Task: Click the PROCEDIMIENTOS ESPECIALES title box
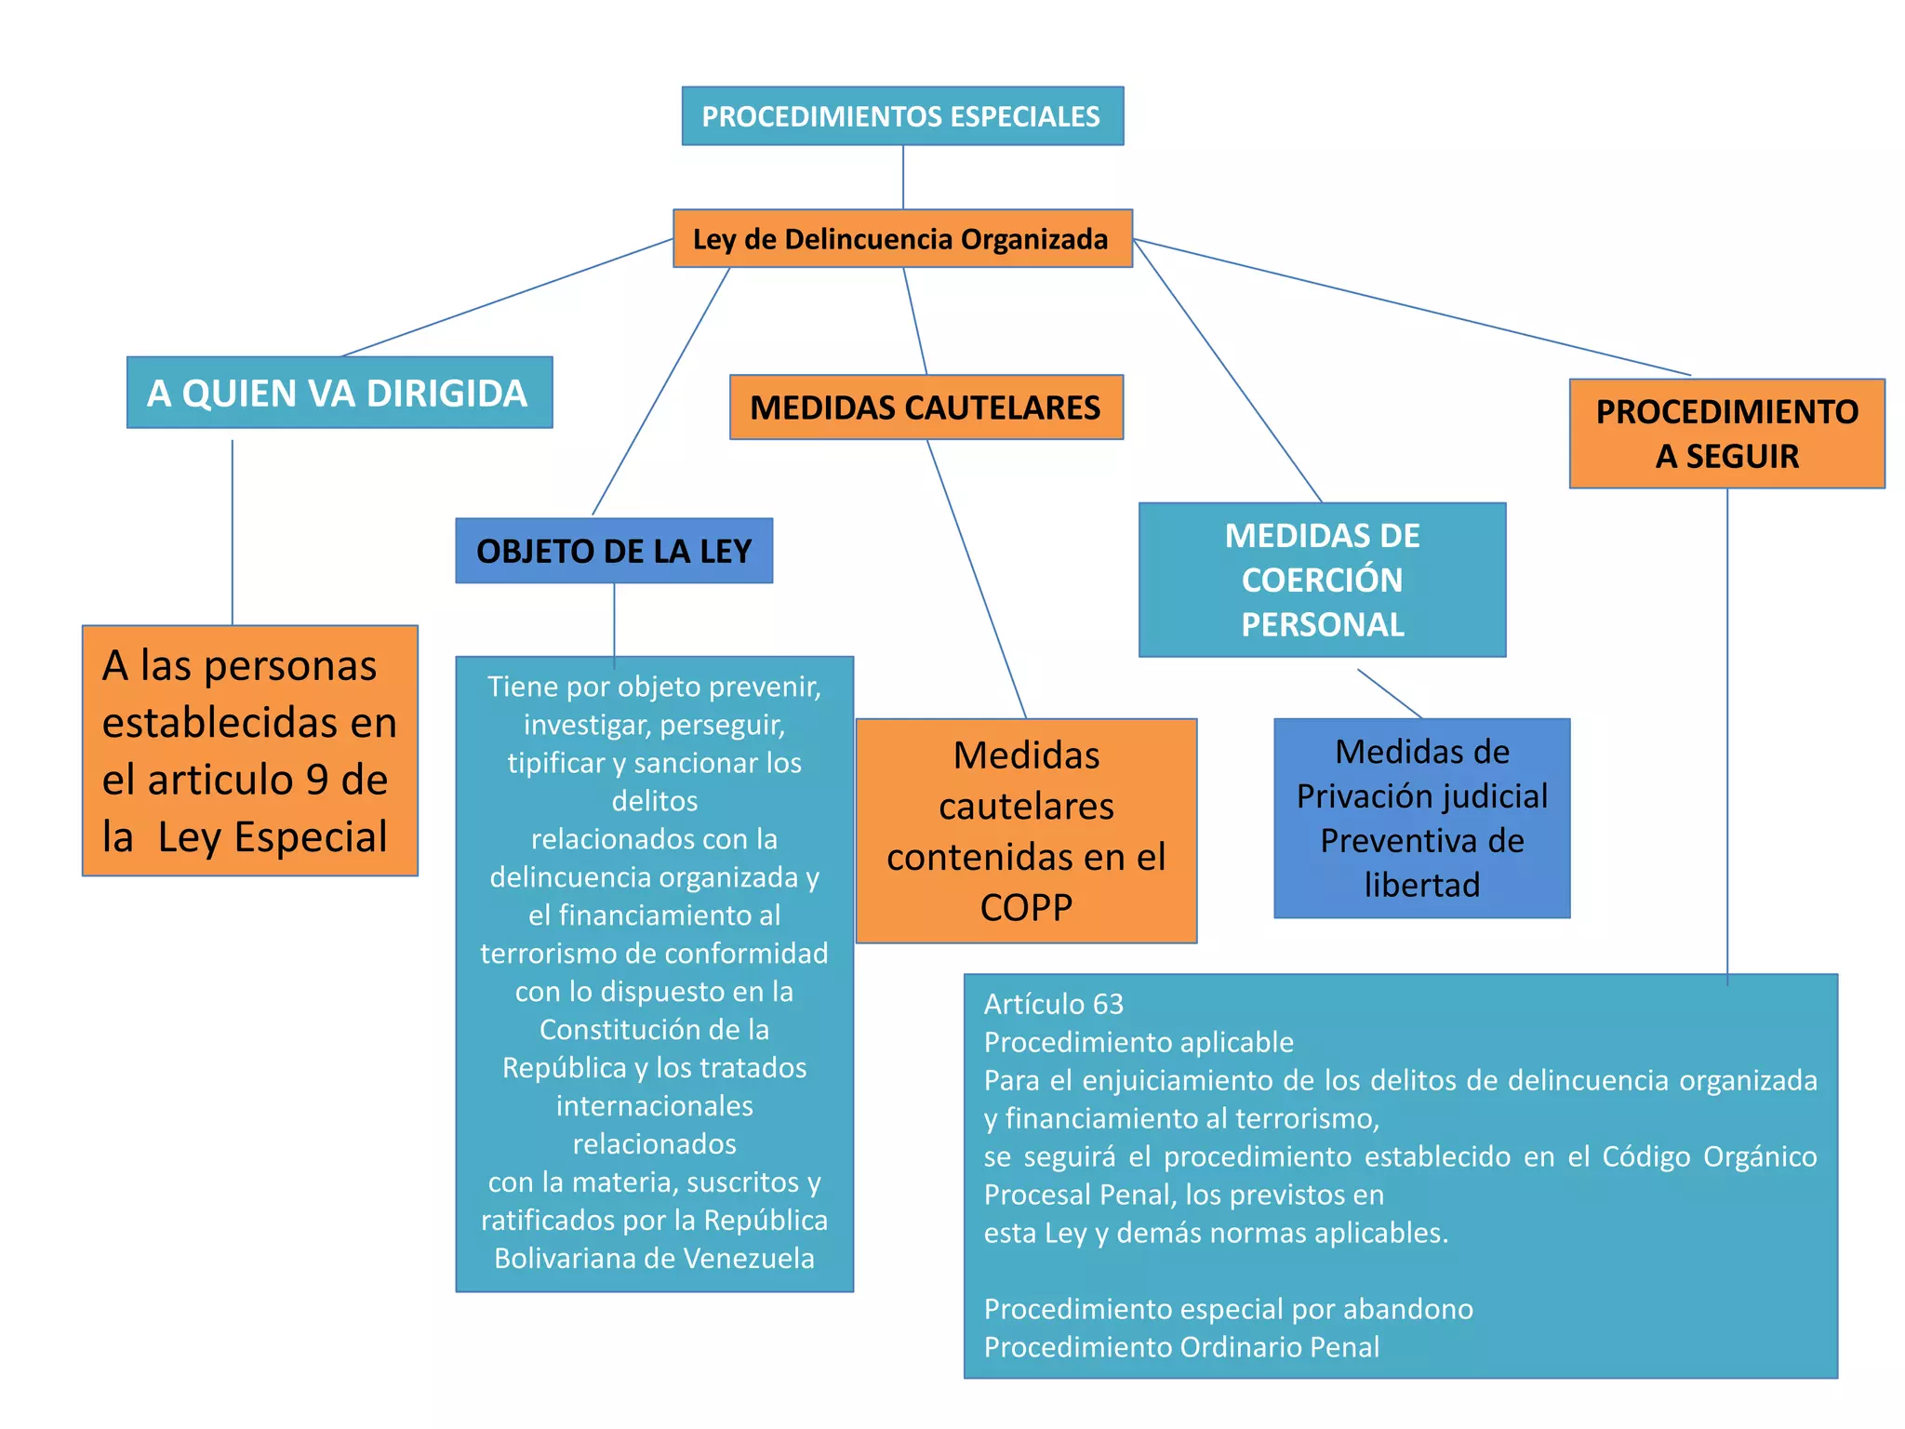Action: pos(901,116)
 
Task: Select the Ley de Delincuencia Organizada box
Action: pos(901,239)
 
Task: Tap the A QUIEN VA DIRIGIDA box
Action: pos(339,393)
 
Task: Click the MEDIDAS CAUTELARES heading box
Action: pos(926,407)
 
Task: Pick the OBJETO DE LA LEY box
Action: pos(614,551)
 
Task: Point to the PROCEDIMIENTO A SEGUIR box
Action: pos(1726,434)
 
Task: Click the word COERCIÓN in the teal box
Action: pos(1322,581)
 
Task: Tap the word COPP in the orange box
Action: pos(1026,907)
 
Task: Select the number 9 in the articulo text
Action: pos(316,780)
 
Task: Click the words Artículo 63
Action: pos(1054,1005)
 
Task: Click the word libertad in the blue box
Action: pos(1421,885)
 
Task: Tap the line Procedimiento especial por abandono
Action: pos(1228,1309)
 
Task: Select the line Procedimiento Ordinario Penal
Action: pos(1181,1347)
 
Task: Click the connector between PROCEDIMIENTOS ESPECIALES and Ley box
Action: pos(902,177)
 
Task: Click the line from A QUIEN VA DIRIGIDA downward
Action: pos(233,530)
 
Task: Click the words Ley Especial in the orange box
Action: pos(272,837)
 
